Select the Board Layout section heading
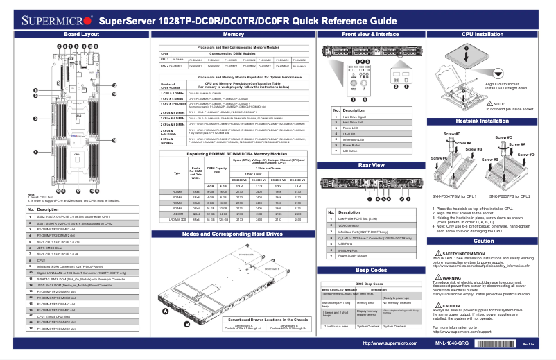pyautogui.click(x=81, y=33)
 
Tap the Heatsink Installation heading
pyautogui.click(x=487, y=121)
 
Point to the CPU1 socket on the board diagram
pyautogui.click(x=77, y=154)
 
